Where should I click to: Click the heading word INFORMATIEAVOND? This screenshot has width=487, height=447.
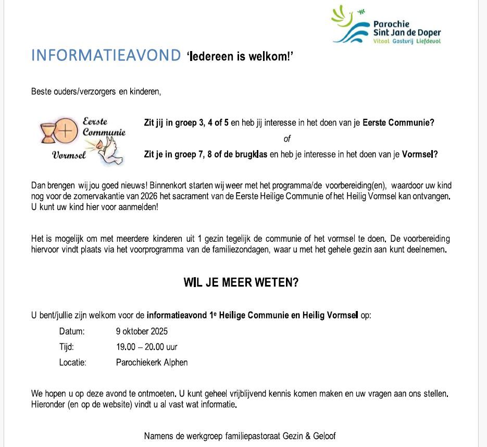[x=106, y=56]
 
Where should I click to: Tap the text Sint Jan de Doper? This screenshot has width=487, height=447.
[x=407, y=33]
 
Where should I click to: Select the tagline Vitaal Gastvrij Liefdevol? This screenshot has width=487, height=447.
[x=407, y=41]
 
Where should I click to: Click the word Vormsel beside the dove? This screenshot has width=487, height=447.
[x=69, y=155]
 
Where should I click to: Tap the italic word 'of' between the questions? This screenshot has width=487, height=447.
[x=287, y=139]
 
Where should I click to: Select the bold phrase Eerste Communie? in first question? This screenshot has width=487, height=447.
[x=398, y=123]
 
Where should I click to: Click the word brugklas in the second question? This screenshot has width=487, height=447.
[x=252, y=155]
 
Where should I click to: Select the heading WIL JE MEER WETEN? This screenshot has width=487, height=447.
[x=241, y=283]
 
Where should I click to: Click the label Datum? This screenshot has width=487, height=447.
[x=72, y=331]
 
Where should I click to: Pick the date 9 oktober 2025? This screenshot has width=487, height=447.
[x=142, y=331]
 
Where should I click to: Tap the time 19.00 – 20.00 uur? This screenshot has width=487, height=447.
[x=146, y=347]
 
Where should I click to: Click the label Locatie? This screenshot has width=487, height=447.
[x=73, y=363]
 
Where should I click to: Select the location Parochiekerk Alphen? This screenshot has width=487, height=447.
[x=152, y=363]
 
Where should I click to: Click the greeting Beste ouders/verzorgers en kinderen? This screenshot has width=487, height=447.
[x=96, y=92]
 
